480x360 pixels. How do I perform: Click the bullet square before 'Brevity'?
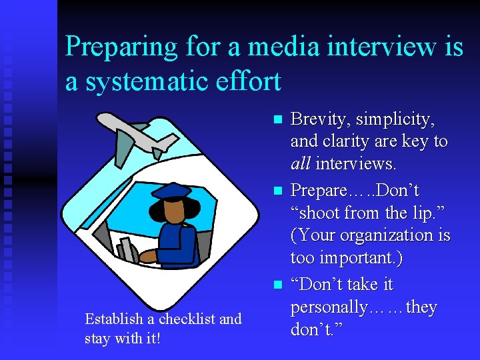pos(279,120)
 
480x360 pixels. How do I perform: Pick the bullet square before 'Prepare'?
pos(279,192)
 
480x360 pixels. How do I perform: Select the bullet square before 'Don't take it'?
pos(279,285)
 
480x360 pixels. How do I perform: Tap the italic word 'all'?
pos(301,163)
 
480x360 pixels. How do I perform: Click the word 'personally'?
pos(329,307)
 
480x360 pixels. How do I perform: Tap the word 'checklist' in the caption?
pos(184,319)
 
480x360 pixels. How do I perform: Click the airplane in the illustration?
pos(137,133)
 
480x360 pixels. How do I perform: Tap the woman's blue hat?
pos(175,191)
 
